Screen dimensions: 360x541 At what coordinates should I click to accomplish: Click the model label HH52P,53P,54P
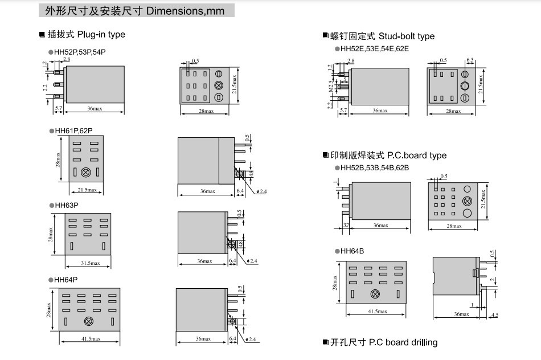point(80,52)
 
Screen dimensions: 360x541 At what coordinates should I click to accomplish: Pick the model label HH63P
point(66,204)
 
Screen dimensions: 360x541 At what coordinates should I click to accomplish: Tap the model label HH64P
point(66,280)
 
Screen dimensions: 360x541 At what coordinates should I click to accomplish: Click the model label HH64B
point(353,251)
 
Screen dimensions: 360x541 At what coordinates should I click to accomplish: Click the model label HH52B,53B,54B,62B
point(374,168)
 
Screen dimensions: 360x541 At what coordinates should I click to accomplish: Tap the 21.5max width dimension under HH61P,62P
point(87,190)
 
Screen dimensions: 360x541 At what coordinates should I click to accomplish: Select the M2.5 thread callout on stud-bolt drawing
point(330,87)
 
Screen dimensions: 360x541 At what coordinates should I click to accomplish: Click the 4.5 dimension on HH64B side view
point(494,315)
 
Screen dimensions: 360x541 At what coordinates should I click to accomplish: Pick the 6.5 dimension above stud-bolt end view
point(470,60)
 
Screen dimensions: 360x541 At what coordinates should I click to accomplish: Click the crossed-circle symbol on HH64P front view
point(88,321)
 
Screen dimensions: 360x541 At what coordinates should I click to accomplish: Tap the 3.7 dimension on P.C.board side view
point(346,226)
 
